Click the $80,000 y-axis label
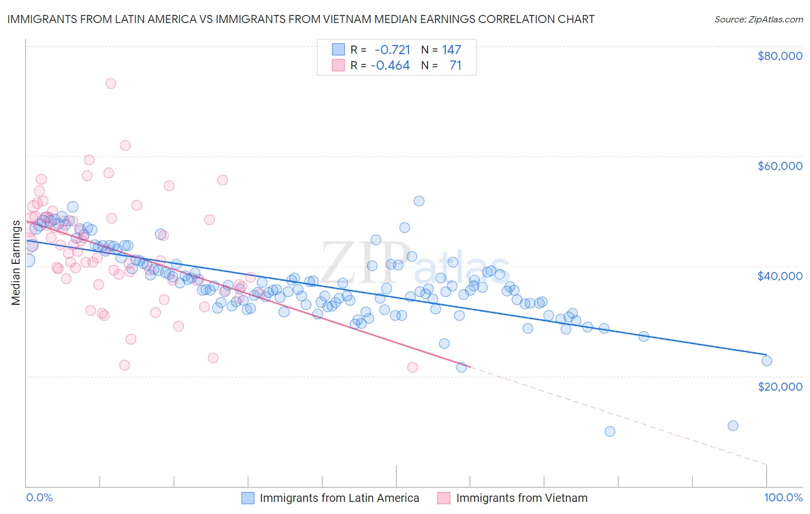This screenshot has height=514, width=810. pos(780,56)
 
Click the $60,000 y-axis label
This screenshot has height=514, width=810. pos(780,166)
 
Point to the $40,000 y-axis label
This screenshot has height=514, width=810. pos(780,276)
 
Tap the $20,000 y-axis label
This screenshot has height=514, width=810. pos(780,386)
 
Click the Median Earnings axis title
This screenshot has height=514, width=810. pos(16,263)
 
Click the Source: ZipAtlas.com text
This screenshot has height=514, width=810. pos(758,19)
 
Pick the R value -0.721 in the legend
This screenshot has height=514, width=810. pos(392,50)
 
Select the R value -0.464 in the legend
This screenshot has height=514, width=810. pos(390,65)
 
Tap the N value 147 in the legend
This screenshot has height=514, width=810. pos(452,50)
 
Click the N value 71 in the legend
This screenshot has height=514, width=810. pos(456,65)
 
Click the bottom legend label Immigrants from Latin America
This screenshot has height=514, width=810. pos(339,498)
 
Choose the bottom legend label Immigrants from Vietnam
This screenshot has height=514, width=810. pos(521,498)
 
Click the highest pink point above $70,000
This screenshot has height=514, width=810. pos(111,84)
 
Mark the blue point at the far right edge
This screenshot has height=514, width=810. pos(766,361)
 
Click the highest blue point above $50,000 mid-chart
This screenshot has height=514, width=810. pos(419,201)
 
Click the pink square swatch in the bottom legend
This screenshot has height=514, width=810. pos(444,498)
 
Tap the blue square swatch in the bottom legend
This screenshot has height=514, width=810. pos(248,498)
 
